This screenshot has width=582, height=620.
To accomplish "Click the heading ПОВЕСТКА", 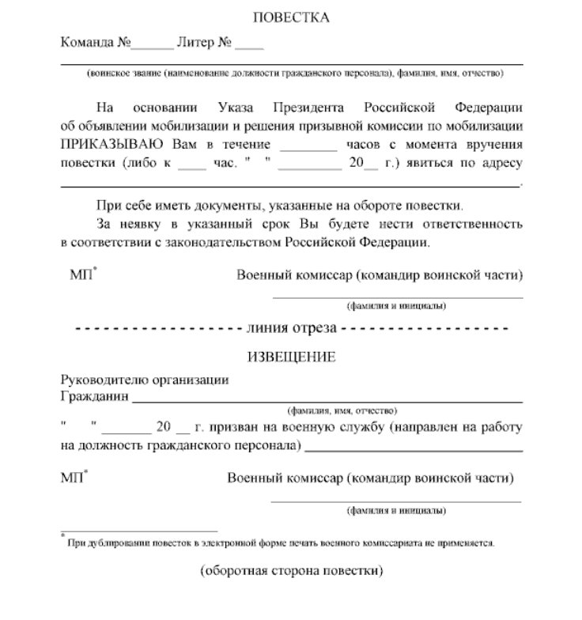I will pos(291,17).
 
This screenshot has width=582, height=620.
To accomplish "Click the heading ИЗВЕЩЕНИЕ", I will pos(291,357).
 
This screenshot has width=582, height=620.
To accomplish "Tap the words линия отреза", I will pos(292,327).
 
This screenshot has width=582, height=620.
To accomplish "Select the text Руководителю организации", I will pos(145,380).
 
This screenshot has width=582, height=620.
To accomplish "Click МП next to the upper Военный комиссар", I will pos(82,275).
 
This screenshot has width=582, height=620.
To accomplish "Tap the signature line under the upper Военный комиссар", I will pos(397,297).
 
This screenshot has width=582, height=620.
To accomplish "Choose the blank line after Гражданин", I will pos(327,402).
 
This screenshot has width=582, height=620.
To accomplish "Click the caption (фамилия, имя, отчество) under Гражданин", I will pos(342,412).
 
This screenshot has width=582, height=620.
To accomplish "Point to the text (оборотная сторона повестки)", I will pos(291,569).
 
